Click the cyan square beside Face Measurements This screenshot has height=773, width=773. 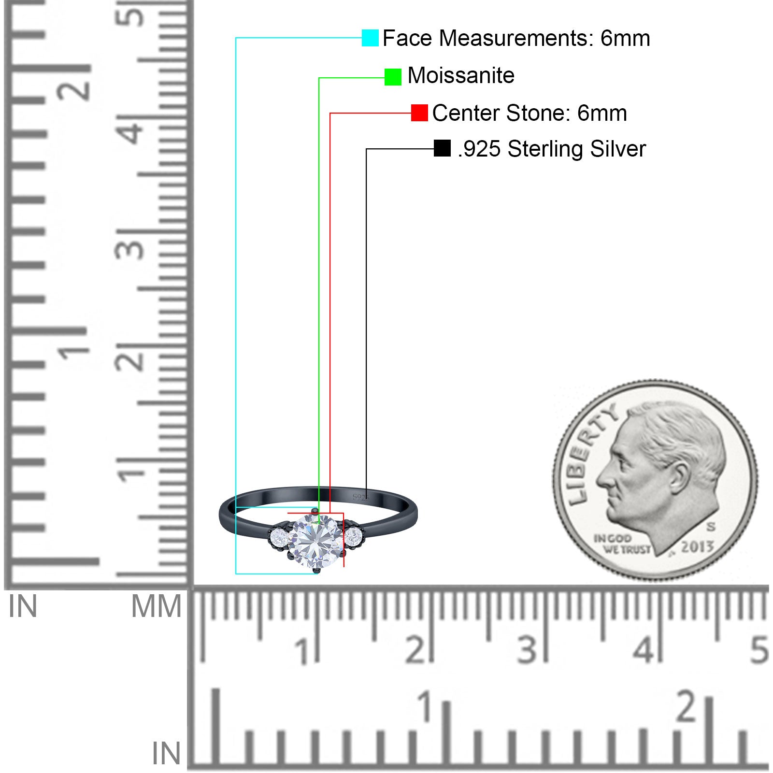click(370, 38)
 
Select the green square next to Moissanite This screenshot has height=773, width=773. click(393, 77)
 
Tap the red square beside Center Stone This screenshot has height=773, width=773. click(419, 113)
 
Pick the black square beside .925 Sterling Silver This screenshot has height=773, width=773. click(442, 148)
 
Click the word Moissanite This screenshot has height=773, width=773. click(461, 75)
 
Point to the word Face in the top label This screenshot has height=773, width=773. click(407, 38)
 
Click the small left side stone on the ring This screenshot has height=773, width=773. click(280, 536)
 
